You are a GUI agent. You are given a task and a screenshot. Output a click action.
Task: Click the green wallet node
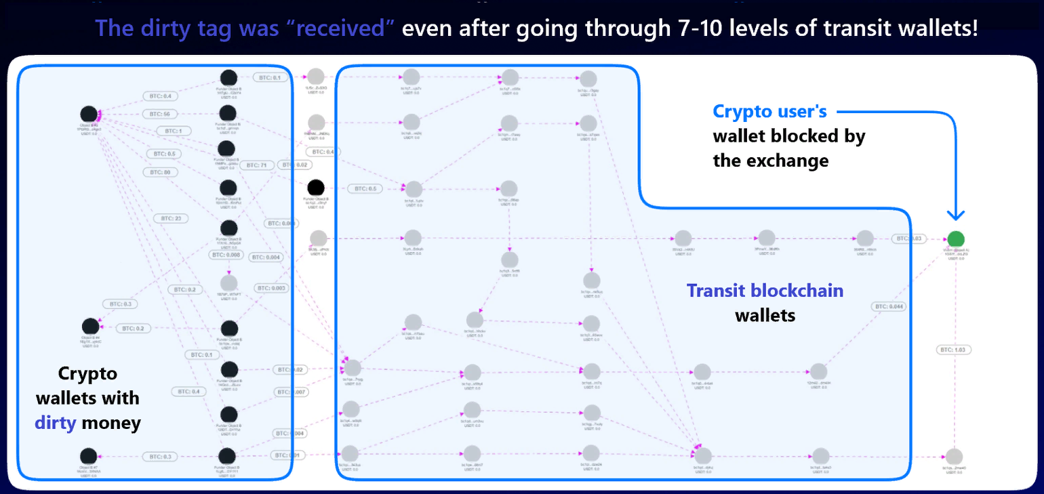(x=955, y=239)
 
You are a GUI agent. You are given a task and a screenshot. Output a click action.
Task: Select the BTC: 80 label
(x=160, y=172)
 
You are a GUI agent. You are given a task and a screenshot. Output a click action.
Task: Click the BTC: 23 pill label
(x=171, y=218)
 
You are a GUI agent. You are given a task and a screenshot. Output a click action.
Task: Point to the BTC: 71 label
(x=255, y=165)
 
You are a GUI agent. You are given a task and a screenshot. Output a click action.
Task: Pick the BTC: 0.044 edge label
(x=889, y=307)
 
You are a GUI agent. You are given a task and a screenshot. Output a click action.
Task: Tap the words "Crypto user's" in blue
(x=769, y=112)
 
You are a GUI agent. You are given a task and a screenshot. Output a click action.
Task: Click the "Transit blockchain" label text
(x=765, y=291)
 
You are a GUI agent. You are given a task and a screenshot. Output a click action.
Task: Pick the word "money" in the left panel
(x=111, y=424)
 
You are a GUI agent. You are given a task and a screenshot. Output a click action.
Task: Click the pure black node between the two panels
(x=315, y=188)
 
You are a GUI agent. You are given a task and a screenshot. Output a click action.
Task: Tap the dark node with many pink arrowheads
(x=88, y=115)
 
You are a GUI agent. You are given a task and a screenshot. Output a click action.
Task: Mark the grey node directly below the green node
(x=954, y=457)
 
